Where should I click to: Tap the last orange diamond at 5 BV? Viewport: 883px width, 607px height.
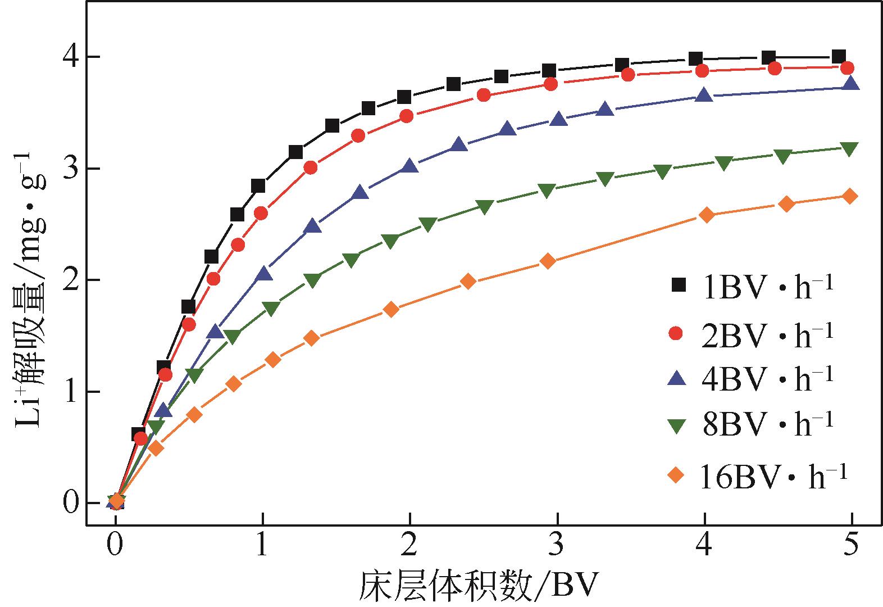coord(850,196)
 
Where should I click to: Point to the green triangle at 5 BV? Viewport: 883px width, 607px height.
coord(850,149)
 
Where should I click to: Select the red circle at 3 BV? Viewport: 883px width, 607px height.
coord(551,84)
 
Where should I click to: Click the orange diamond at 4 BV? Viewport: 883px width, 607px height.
coord(707,215)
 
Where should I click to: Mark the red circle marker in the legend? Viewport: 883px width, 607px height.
coord(677,334)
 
